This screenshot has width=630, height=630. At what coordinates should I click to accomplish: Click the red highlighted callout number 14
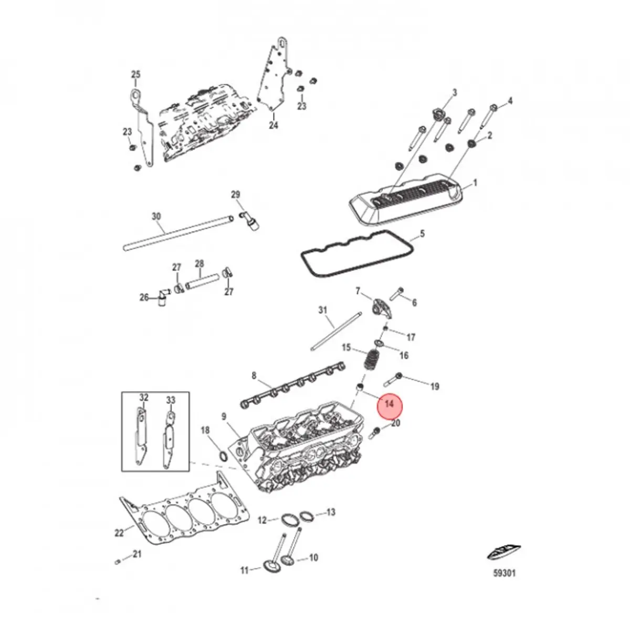(x=389, y=404)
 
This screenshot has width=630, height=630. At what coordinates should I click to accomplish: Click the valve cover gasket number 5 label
(x=422, y=234)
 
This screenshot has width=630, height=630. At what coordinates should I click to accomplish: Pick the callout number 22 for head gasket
(x=119, y=533)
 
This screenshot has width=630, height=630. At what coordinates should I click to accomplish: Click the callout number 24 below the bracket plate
(x=274, y=125)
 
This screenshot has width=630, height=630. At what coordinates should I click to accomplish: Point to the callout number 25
(x=135, y=75)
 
